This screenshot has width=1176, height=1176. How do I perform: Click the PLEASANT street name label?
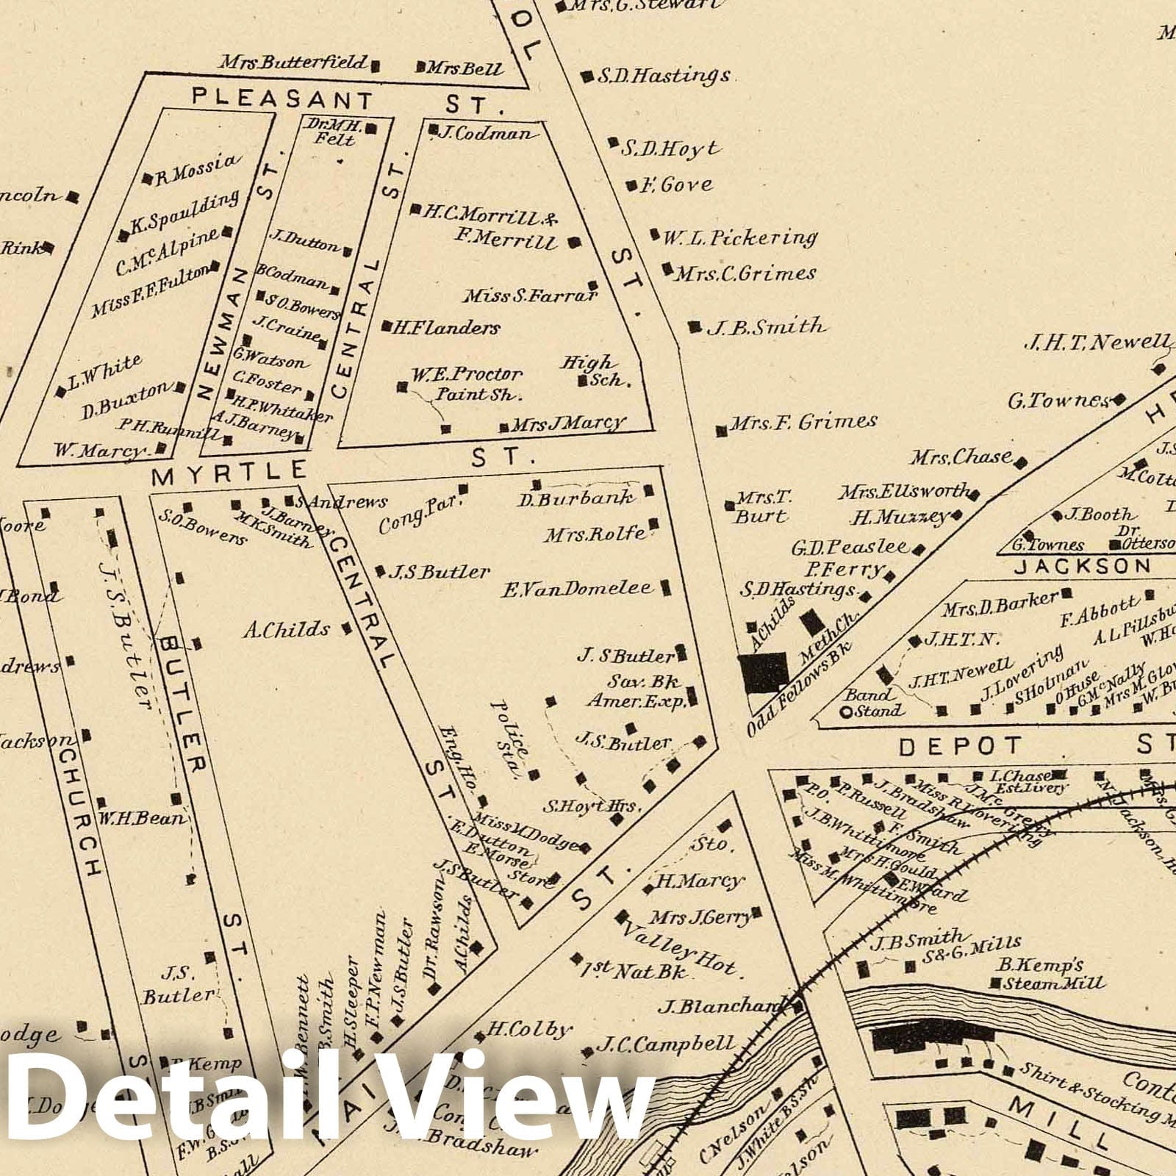282,98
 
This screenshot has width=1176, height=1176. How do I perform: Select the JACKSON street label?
1083,566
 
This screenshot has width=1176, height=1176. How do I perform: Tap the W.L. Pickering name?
739,238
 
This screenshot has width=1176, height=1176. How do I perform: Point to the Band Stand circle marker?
847,711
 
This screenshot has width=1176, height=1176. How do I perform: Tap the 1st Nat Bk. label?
637,969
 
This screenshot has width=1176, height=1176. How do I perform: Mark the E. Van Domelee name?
578,588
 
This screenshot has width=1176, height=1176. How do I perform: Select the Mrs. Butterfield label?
293,62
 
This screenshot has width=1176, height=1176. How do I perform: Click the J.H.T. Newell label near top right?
1096,342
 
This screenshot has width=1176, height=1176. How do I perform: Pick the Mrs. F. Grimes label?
803,422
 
